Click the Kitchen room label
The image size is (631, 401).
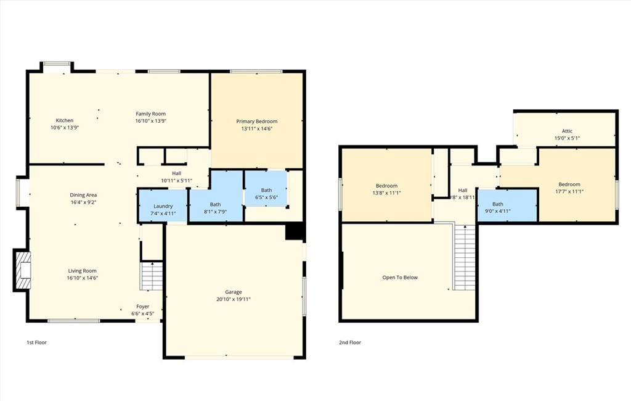coord(65,120)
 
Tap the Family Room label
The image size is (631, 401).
coord(151,114)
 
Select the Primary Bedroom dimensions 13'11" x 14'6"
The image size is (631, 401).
coord(257,128)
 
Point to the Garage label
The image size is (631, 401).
coord(234,292)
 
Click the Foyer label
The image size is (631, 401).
coord(142,307)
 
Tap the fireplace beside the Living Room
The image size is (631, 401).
coord(23,270)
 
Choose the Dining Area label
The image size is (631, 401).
coord(83,195)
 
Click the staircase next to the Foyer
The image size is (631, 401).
coord(152,276)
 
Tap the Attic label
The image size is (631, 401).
coord(567,131)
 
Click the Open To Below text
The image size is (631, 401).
coord(400,278)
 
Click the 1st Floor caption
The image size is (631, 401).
coord(36,342)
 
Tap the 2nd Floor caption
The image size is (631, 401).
coord(350,342)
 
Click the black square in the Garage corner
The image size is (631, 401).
coord(295,232)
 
